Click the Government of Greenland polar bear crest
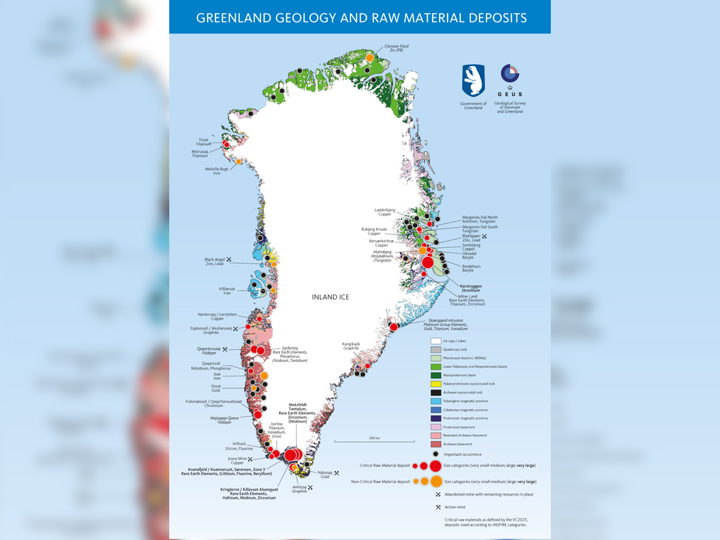coord(473,81)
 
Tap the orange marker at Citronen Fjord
coord(370,58)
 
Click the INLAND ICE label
coord(330,297)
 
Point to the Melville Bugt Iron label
coord(216,172)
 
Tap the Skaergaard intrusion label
coord(448,325)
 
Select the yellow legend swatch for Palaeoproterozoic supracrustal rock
coord(436,383)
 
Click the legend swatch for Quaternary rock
coord(436,349)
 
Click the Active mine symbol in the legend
coord(439,507)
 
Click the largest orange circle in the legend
coord(436,481)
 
